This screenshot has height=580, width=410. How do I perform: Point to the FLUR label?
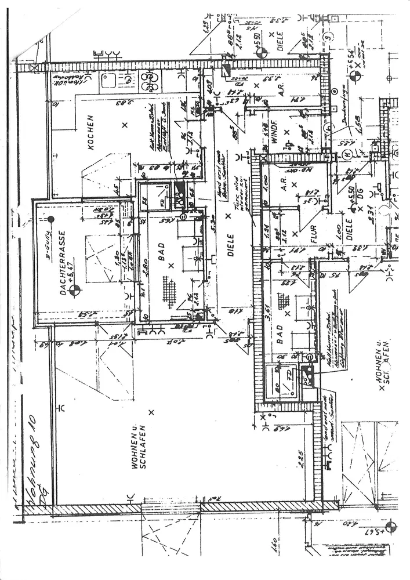[312, 237]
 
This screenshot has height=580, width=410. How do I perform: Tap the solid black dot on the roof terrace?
[51, 219]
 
